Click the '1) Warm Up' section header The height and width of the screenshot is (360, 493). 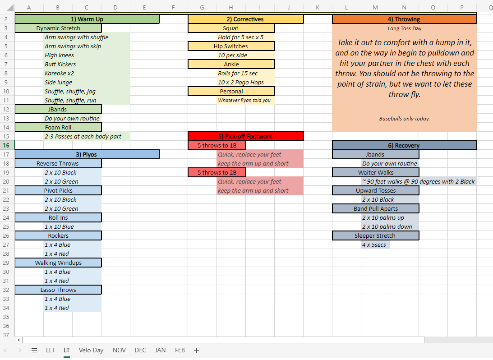click(87, 19)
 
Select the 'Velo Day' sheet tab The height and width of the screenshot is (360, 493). click(91, 350)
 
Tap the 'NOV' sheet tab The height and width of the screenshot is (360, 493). click(119, 350)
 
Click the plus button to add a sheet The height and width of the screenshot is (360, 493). click(197, 350)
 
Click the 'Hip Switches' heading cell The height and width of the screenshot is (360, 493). click(231, 46)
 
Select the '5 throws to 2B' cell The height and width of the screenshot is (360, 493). click(217, 173)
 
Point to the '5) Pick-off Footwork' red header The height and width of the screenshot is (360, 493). click(245, 136)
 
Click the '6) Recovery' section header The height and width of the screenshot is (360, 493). click(404, 146)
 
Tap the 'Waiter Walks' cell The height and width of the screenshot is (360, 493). click(376, 173)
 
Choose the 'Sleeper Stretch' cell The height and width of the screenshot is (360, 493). click(376, 236)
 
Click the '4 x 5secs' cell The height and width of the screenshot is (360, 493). click(375, 245)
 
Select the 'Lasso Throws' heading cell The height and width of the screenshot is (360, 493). click(58, 290)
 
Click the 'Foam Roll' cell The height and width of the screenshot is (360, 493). click(58, 127)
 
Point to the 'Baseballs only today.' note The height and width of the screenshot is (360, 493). click(404, 119)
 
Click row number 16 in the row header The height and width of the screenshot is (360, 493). click(6, 145)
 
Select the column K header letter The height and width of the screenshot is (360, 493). click(318, 7)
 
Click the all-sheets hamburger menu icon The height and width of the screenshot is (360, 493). click(34, 350)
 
